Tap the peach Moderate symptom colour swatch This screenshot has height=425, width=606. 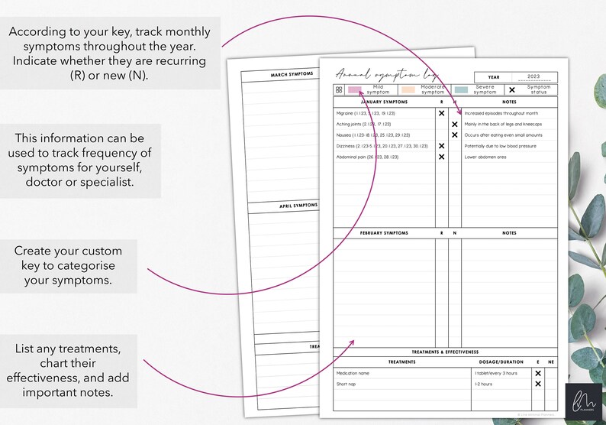(x=408, y=89)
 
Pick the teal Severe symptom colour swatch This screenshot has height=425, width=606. (x=460, y=89)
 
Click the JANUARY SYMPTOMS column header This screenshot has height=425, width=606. (x=384, y=102)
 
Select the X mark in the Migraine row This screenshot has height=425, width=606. (x=441, y=112)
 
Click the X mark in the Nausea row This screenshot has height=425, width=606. (x=454, y=135)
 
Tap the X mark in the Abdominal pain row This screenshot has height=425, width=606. (x=441, y=157)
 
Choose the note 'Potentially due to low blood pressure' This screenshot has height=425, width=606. (x=501, y=146)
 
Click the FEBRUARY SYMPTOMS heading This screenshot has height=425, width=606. (x=384, y=233)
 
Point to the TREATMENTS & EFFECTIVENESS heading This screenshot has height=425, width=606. (x=445, y=352)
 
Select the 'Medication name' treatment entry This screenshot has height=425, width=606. (x=353, y=373)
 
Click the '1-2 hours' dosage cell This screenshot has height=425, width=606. (x=484, y=384)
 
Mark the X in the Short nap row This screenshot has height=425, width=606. (x=538, y=384)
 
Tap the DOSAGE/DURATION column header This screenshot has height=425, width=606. (x=500, y=362)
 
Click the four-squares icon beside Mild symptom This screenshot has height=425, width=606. (x=339, y=89)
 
